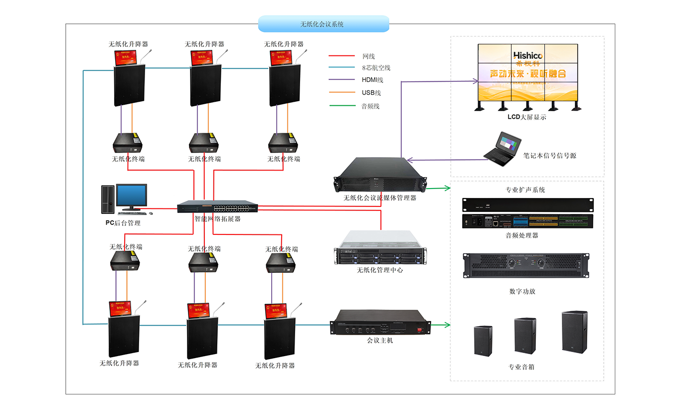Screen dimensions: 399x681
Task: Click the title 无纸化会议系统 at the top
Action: (x=323, y=24)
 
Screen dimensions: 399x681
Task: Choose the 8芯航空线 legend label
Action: (x=376, y=68)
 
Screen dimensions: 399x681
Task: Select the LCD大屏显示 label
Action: (x=526, y=117)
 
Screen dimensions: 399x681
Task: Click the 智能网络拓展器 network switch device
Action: (x=217, y=207)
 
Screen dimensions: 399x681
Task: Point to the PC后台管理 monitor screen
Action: (x=132, y=195)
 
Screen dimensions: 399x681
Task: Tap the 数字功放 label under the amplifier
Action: (x=522, y=291)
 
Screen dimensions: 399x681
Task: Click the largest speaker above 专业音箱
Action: (x=574, y=332)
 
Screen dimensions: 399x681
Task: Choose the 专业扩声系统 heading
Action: (x=525, y=190)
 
